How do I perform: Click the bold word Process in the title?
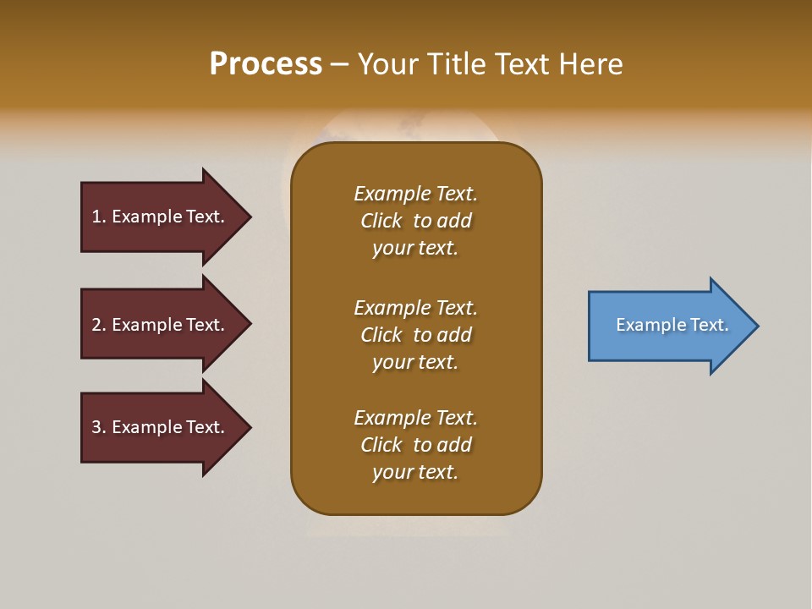pos(266,64)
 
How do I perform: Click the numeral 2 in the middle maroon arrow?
pos(96,325)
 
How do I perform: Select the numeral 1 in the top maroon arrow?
pos(96,217)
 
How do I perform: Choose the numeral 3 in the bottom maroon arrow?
pos(96,427)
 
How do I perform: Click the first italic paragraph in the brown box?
pos(415,221)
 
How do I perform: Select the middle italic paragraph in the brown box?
pos(415,335)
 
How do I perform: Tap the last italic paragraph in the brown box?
pos(415,445)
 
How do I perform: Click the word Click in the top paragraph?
pos(381,221)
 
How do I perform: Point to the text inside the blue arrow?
pos(672,325)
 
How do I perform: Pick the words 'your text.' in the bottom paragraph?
pos(415,472)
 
